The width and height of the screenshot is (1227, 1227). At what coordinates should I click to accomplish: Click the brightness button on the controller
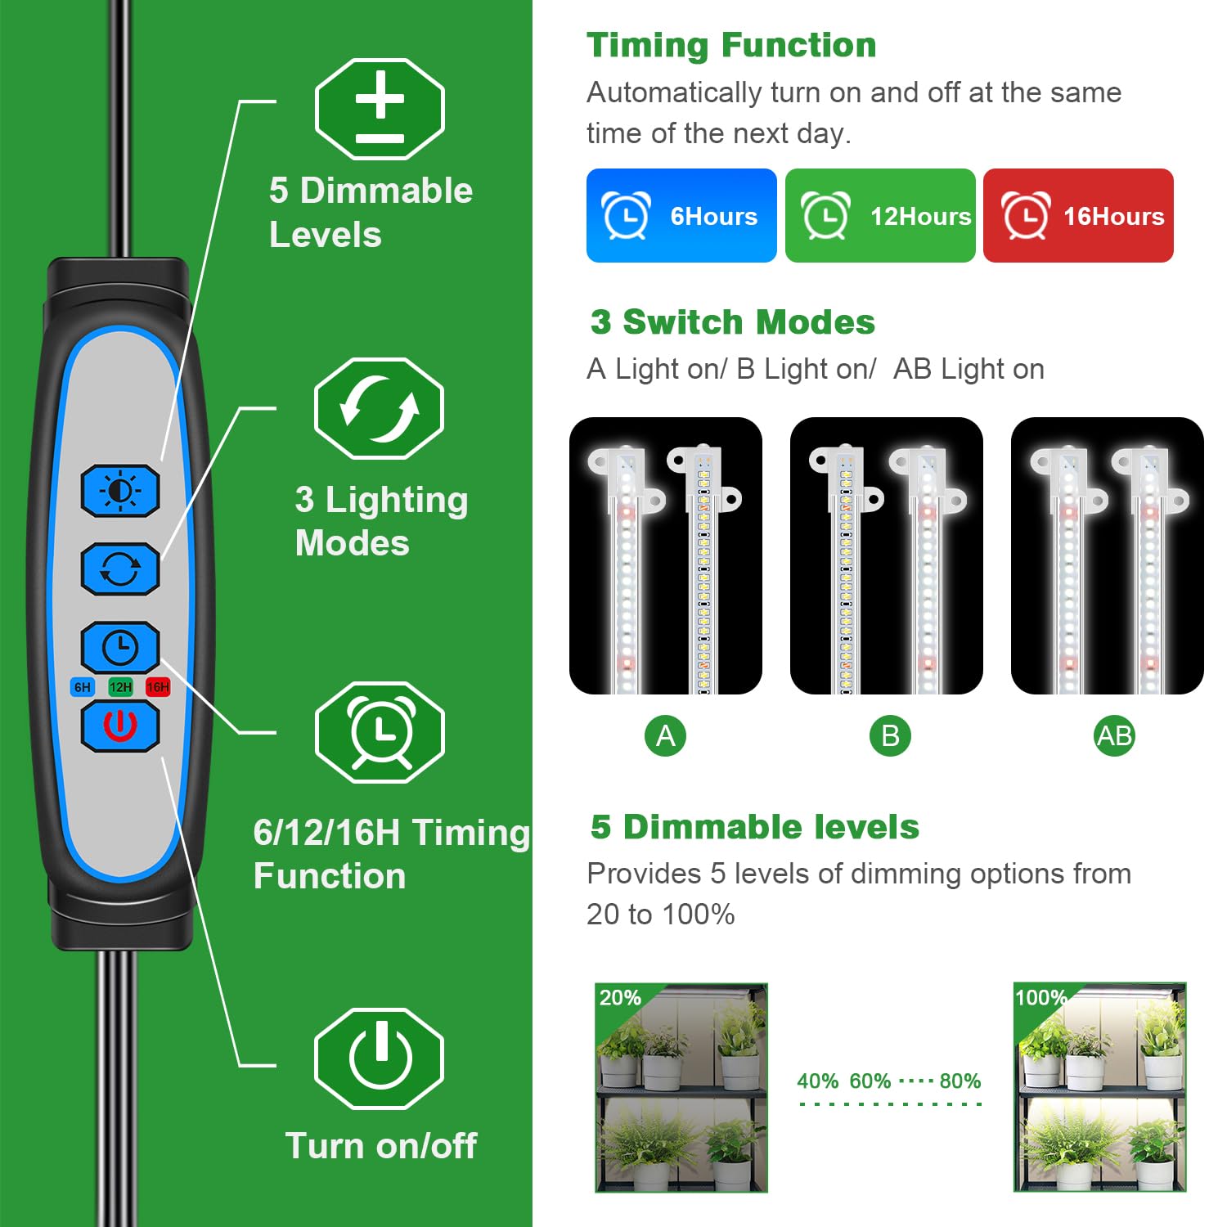tap(120, 491)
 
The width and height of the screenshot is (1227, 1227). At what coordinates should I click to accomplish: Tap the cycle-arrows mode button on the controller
tap(120, 569)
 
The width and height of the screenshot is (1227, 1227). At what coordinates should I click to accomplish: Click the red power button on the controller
tap(120, 726)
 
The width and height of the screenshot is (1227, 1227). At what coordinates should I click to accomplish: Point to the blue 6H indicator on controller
tap(83, 687)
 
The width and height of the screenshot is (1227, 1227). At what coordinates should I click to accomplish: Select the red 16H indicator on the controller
tap(158, 687)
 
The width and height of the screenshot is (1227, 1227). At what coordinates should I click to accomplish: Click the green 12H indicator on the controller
tap(120, 687)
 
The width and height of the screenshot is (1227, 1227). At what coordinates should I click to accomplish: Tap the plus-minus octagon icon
tap(380, 110)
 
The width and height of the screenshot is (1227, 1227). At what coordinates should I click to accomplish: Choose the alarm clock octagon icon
tap(380, 732)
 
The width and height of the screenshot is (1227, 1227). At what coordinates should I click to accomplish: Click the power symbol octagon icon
tap(380, 1058)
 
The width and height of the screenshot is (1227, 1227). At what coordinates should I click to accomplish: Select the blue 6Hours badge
tap(681, 216)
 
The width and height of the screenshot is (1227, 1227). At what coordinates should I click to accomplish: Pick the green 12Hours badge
tap(880, 216)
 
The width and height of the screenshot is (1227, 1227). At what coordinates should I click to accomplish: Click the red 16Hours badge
tap(1078, 216)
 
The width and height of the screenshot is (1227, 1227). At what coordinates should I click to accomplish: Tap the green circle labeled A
tap(665, 736)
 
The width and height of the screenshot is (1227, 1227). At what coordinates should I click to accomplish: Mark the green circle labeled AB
tap(1114, 736)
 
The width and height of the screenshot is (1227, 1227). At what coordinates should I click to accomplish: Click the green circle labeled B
tap(890, 736)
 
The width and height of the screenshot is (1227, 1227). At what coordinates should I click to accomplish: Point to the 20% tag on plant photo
tap(620, 998)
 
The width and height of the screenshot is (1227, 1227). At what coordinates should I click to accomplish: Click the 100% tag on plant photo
tap(1040, 998)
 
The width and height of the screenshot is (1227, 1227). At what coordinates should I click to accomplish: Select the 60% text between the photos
tap(870, 1081)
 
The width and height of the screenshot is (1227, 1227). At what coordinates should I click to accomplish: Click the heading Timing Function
tap(731, 45)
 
